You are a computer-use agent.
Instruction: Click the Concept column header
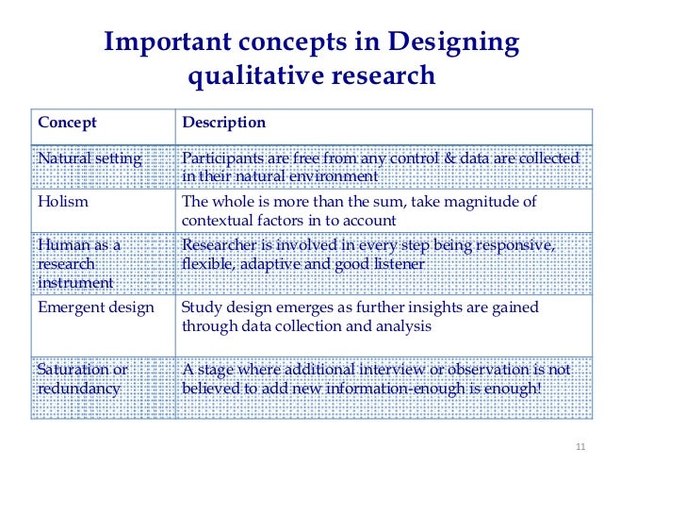coord(67,123)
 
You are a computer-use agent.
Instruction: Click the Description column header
coord(223,123)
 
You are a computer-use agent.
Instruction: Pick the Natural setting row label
coord(90,158)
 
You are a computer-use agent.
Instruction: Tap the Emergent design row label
coord(95,307)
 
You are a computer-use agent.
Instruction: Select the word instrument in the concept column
coord(75,282)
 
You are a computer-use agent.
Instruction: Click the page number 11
coord(580,446)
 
